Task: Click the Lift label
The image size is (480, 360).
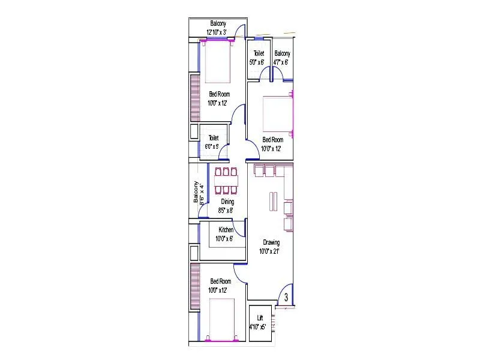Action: (x=260, y=317)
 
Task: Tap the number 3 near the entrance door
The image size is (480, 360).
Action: (x=286, y=298)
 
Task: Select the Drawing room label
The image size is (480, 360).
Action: (x=271, y=242)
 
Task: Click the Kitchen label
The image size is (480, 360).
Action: (x=226, y=230)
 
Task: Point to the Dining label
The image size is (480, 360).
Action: (x=227, y=202)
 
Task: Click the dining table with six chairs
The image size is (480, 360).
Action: (x=226, y=181)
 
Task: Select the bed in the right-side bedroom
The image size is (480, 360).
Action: (x=278, y=113)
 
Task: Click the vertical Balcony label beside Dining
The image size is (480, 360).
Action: (x=195, y=193)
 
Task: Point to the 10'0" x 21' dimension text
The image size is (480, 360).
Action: (x=271, y=251)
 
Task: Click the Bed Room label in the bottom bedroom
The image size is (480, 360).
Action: (x=220, y=281)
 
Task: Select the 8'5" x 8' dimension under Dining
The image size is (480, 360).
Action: (x=227, y=210)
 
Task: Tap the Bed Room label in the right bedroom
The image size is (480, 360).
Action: (x=273, y=140)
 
